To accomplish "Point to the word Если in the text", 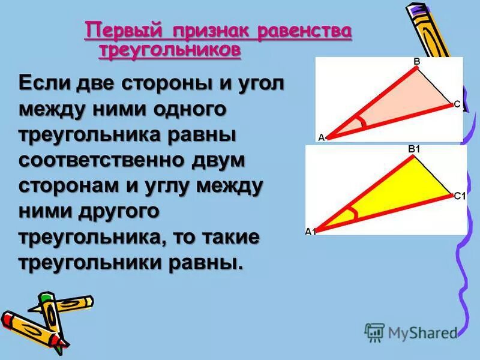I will coord(47,83).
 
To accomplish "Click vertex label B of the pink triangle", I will coord(416,61).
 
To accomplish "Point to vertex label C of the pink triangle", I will coord(457,104).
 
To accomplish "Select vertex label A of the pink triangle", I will coord(320,137).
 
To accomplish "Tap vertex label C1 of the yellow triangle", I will coord(460,195).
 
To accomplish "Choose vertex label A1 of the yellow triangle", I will coord(310,232).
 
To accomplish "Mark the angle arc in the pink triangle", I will coord(360,123).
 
